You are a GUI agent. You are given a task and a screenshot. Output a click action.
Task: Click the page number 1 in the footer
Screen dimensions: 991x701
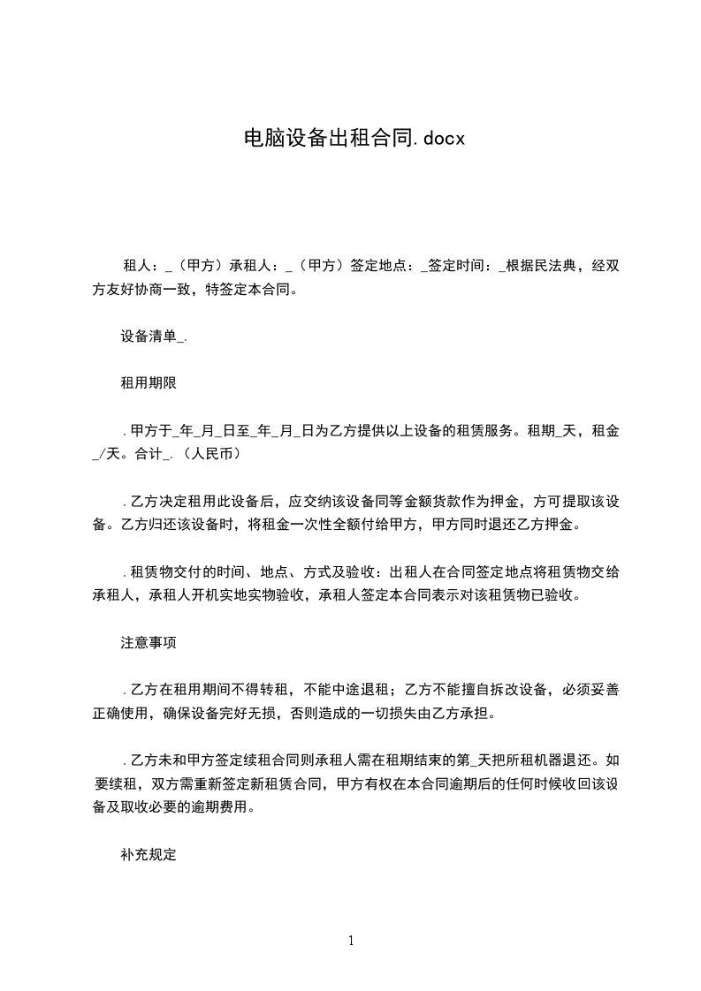point(351,941)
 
